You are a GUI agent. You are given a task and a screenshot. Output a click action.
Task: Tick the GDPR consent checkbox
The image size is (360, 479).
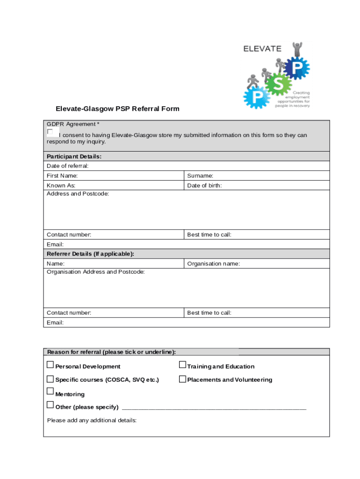(x=50, y=132)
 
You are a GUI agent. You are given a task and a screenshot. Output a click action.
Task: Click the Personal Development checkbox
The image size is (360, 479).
(x=50, y=365)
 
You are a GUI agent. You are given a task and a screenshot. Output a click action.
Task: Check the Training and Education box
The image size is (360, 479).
(x=183, y=365)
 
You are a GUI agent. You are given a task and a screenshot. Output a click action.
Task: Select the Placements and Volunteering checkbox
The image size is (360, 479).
(x=183, y=379)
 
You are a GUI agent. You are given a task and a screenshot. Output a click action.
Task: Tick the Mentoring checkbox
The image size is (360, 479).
(x=50, y=391)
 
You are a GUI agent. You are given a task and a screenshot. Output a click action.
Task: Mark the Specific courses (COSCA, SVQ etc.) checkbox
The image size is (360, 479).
(x=50, y=379)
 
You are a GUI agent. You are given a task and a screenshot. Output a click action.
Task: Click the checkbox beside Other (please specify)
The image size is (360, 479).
(x=50, y=405)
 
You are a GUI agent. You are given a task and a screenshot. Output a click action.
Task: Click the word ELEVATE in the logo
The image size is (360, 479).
(x=262, y=48)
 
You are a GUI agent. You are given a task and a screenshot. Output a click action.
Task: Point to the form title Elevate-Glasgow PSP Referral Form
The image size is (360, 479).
(x=117, y=109)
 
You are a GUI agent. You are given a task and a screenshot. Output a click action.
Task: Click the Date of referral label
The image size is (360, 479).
(x=67, y=166)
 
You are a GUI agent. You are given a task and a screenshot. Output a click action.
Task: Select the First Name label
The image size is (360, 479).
(x=62, y=176)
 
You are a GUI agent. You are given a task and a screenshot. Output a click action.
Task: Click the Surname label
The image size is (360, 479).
(x=200, y=176)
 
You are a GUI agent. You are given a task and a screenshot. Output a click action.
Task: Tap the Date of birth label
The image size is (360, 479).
(x=204, y=186)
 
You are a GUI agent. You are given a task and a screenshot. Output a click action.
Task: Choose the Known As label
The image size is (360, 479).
(x=61, y=186)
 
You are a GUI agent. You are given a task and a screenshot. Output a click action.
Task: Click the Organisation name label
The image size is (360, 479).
(x=213, y=264)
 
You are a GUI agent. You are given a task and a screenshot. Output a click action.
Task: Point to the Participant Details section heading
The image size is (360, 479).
(x=74, y=156)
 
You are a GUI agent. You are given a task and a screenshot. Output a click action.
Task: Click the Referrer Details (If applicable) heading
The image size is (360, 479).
(x=90, y=254)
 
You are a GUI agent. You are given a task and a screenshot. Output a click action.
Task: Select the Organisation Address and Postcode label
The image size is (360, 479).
(x=95, y=272)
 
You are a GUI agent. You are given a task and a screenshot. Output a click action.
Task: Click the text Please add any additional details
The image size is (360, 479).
(x=92, y=420)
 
